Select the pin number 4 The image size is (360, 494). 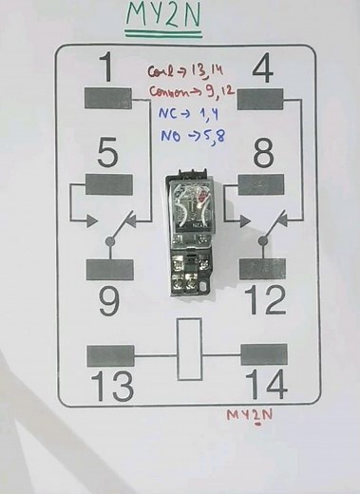(264, 68)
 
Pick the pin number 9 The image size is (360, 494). (109, 301)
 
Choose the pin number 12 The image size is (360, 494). (263, 301)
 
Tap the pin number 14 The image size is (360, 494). (265, 386)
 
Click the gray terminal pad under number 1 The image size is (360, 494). (109, 99)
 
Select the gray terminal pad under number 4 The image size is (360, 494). (262, 99)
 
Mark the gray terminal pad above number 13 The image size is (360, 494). (110, 355)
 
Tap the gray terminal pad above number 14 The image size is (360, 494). (263, 355)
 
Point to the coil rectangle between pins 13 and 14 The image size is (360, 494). (189, 349)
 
